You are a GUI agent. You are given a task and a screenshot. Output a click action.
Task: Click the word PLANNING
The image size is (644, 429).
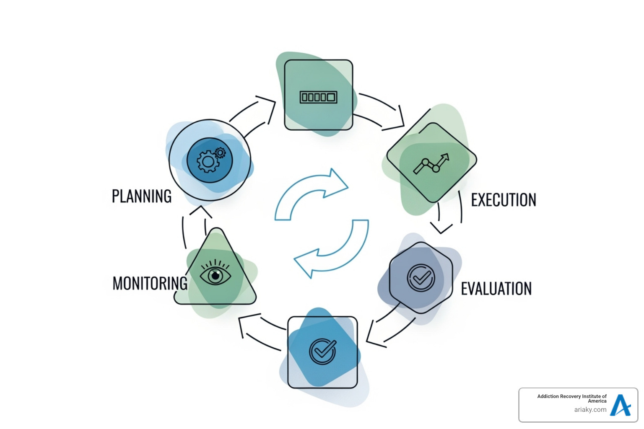pos(142,196)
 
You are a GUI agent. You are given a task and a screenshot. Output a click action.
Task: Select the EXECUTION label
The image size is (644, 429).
pos(504,200)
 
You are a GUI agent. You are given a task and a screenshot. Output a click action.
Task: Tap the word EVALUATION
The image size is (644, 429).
pos(496,289)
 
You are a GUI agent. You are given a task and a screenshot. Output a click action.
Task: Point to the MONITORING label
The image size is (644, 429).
pos(150,284)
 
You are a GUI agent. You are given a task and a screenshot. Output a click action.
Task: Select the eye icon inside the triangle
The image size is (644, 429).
pos(215,274)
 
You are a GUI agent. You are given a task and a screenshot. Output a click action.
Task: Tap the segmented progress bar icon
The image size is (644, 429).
pos(319,97)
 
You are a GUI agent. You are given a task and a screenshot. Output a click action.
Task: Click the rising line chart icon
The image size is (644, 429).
pos(431,163)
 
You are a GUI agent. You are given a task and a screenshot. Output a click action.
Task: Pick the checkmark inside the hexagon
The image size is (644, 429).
pos(421,277)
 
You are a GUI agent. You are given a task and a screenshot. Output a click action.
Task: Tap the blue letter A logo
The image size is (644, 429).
pos(621,405)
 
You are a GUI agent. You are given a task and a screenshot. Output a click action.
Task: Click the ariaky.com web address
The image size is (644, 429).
pos(590,410)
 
